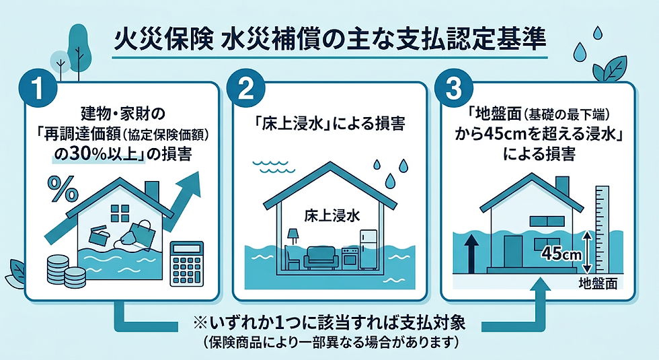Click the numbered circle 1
38,89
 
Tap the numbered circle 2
245,89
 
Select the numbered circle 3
453,89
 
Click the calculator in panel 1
186,264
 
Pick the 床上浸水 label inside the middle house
332,215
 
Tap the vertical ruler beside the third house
603,230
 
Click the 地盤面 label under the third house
598,283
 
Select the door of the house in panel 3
512,251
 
